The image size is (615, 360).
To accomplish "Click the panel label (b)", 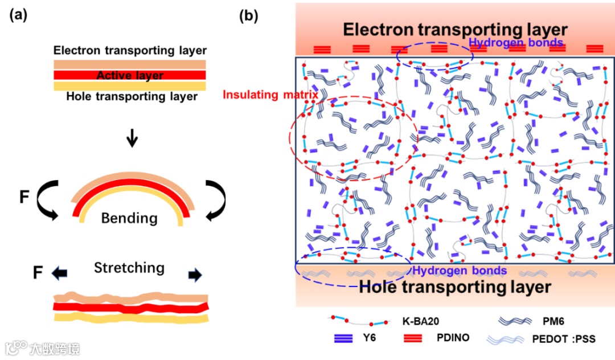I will coord(249,15).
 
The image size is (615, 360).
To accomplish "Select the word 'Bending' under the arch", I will coord(129,218).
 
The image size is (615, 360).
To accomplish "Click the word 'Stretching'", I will coord(129,267).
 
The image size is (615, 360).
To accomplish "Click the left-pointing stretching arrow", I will coord(59,274).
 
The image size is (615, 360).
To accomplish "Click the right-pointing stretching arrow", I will coord(195,275).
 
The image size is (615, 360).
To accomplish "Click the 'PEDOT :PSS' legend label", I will coord(563,339).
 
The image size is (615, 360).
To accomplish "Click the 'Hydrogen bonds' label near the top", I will coord(516,43).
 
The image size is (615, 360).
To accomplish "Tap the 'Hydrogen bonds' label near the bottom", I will coord(459,271).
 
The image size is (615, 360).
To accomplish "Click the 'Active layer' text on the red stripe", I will coord(130,75).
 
